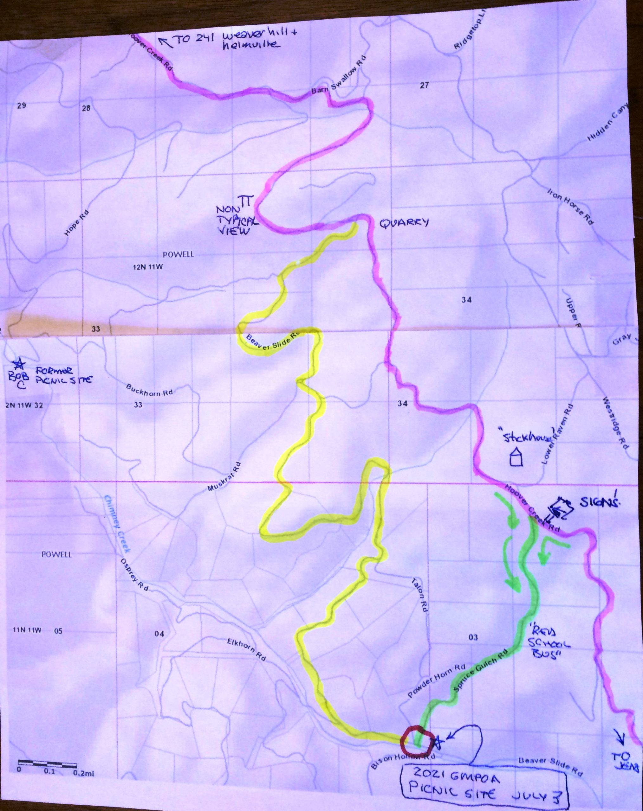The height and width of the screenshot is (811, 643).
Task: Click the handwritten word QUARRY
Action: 404,223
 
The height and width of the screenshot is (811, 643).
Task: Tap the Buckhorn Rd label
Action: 149,390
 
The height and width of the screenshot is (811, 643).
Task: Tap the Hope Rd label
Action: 74,226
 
